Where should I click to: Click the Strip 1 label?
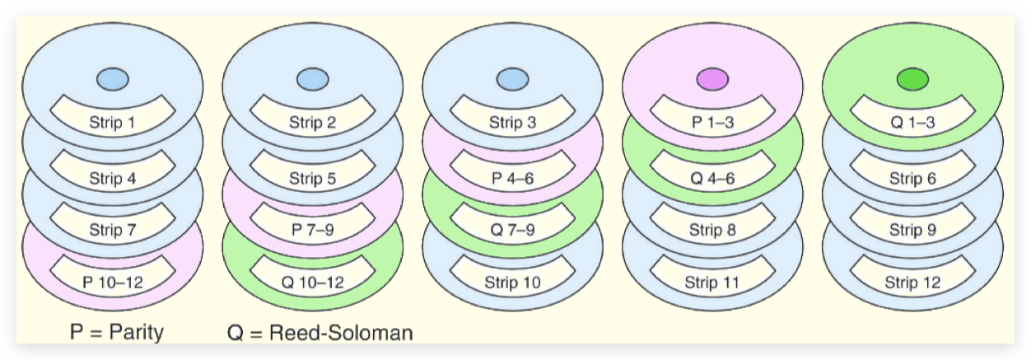coord(112,124)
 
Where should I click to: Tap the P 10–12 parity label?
coord(112,283)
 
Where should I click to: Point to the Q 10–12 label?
coord(312,283)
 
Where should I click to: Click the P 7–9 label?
coord(312,230)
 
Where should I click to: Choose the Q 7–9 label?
coord(511,230)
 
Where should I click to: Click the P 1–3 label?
coord(711,124)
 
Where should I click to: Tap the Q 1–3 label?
coord(912,124)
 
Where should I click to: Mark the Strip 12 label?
coord(912,283)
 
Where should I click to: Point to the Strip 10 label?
coord(511,283)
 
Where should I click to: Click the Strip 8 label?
coord(711,230)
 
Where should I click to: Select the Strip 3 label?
coord(511,124)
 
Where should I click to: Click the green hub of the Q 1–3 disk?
coord(912,79)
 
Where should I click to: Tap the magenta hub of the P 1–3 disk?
coord(711,79)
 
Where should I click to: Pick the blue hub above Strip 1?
coord(112,79)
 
